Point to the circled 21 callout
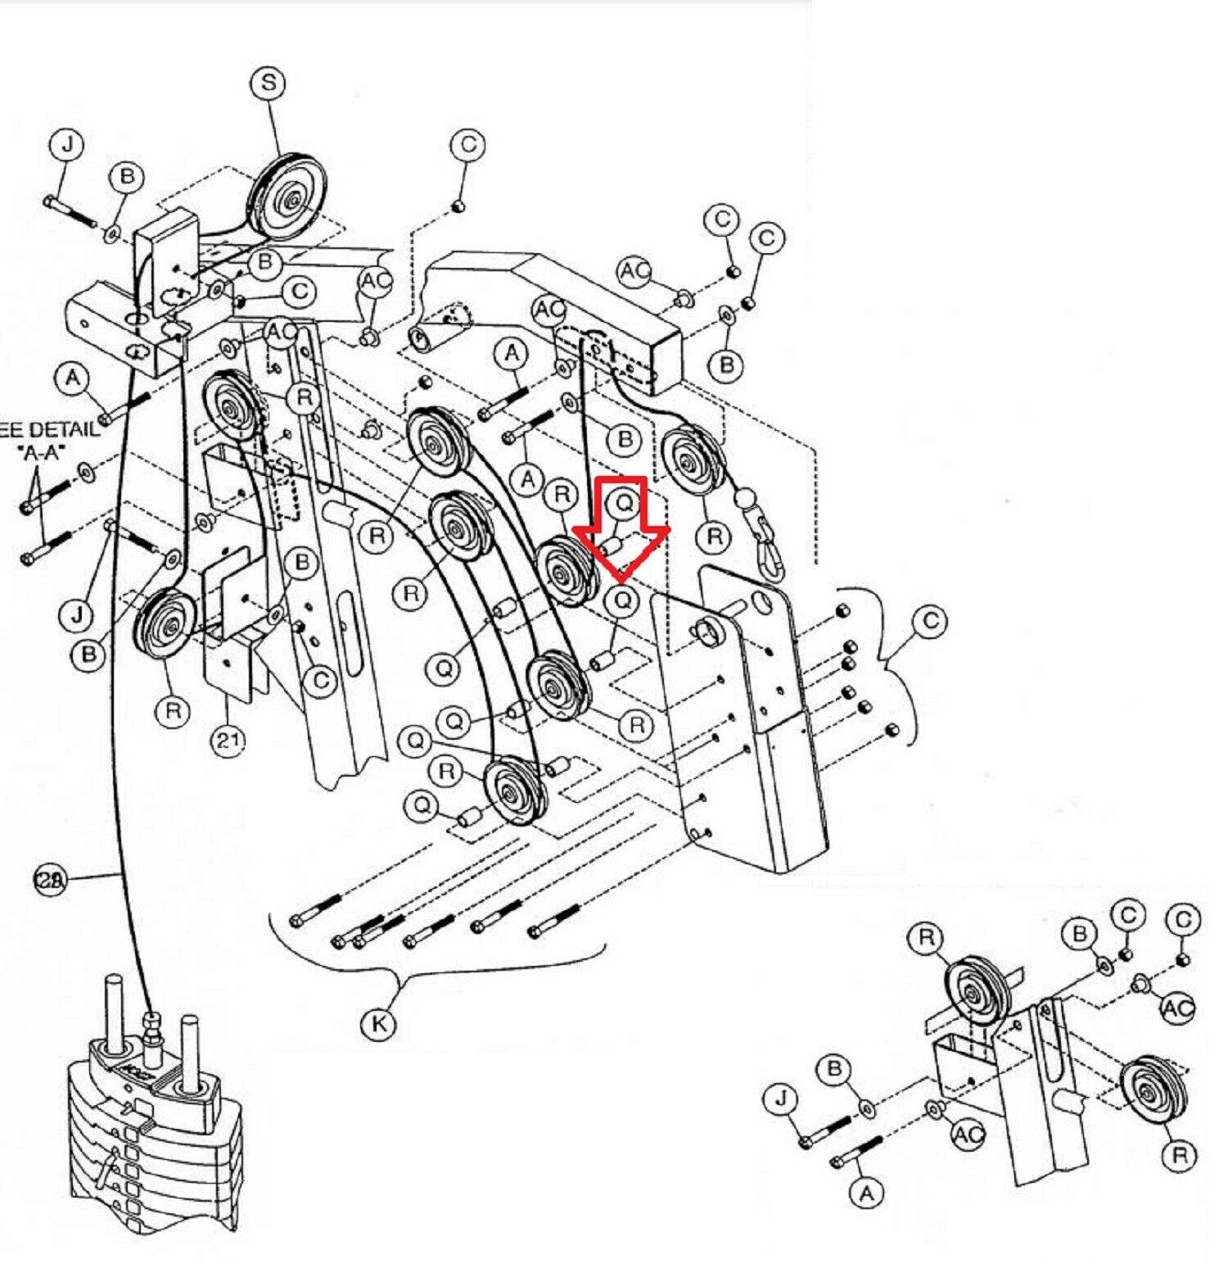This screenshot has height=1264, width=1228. point(228,741)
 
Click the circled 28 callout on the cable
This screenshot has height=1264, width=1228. point(48,880)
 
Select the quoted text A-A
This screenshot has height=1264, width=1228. point(41,451)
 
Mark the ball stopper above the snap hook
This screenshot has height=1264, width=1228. point(744,497)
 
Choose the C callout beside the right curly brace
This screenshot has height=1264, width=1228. point(930,622)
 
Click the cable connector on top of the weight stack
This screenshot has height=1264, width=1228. point(151,1030)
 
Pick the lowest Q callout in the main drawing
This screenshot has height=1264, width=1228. point(422,806)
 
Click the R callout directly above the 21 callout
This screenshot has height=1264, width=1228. point(173,711)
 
